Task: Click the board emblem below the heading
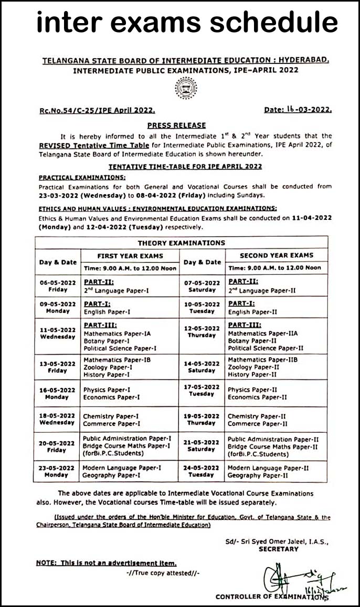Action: [x=186, y=88]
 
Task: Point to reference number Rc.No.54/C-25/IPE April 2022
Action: [x=97, y=111]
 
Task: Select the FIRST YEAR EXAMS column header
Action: [x=130, y=255]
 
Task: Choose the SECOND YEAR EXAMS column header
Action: [x=276, y=255]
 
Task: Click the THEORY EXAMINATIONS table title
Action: [x=181, y=243]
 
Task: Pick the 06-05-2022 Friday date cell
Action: [x=58, y=286]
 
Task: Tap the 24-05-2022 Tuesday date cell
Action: [x=202, y=471]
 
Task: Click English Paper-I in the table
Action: [x=107, y=312]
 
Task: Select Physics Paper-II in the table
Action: [x=252, y=390]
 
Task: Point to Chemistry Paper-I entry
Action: [x=111, y=416]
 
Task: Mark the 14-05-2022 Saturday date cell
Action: [x=202, y=367]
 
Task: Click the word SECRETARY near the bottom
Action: [x=278, y=549]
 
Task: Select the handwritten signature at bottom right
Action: [x=294, y=579]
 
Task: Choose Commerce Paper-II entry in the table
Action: [x=257, y=423]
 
